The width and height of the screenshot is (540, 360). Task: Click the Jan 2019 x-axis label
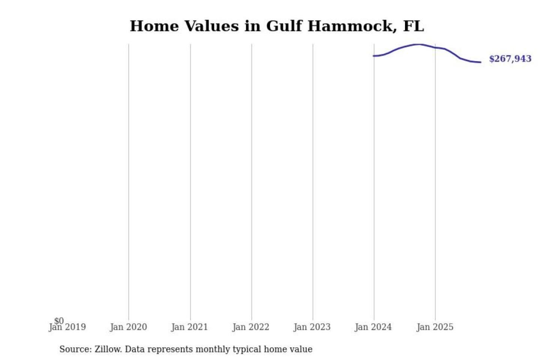[x=67, y=327]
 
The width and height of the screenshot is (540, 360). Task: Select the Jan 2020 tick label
[x=128, y=327]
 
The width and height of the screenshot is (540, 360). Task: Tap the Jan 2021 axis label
[x=189, y=327]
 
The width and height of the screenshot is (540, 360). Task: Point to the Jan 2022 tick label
[x=250, y=327]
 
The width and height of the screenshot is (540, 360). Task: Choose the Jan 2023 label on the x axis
[x=312, y=327]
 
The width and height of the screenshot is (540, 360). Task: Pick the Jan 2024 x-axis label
[x=373, y=327]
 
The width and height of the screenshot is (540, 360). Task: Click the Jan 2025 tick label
[x=435, y=327]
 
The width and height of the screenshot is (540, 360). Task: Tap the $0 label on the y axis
[x=59, y=321]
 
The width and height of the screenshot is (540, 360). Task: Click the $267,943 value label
[x=510, y=59]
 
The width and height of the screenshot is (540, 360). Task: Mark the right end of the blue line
[x=480, y=62]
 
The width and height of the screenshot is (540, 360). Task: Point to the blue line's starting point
[x=373, y=56]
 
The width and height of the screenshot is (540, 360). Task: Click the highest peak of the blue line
[x=418, y=44]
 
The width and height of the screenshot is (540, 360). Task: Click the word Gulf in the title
[x=284, y=26]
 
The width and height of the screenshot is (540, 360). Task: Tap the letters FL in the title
[x=414, y=26]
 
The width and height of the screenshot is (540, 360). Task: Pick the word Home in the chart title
[x=154, y=26]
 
